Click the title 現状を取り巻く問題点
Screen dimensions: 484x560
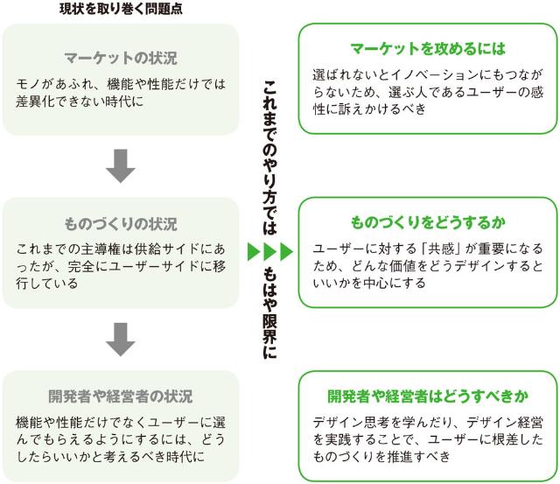tap(121, 10)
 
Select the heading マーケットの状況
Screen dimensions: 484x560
tap(121, 59)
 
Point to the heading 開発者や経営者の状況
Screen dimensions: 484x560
tap(121, 396)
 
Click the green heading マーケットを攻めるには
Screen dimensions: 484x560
tap(428, 48)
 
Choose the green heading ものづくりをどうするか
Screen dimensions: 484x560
tap(428, 222)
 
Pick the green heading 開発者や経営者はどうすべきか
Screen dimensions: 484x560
tap(428, 395)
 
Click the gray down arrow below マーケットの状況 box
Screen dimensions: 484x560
tap(120, 165)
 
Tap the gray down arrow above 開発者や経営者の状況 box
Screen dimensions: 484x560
tap(120, 338)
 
